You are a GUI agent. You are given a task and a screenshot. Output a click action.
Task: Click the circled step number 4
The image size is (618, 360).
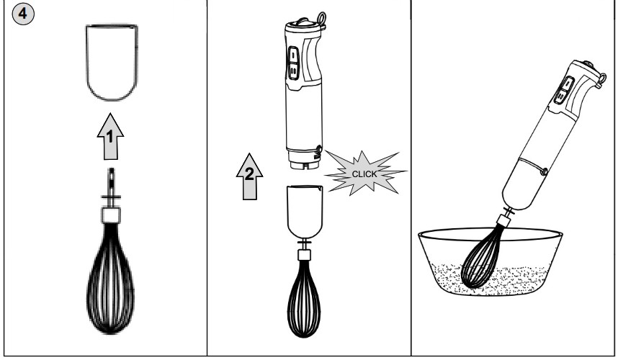(23, 14)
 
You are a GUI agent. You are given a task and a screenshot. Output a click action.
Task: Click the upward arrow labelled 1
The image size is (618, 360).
(110, 137)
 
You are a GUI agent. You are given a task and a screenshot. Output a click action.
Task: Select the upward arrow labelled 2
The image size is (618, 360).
(249, 176)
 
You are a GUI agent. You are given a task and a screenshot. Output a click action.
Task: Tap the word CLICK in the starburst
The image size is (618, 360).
(364, 174)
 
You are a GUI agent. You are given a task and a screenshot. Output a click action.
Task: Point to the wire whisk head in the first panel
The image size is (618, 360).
(110, 278)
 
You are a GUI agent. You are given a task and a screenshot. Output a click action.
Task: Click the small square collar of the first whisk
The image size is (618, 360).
(111, 215)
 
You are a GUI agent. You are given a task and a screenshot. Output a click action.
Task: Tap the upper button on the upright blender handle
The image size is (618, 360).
(293, 55)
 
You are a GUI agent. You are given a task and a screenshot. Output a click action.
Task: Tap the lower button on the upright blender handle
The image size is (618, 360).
(294, 71)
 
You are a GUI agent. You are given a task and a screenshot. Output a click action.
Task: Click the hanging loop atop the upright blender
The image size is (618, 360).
(321, 19)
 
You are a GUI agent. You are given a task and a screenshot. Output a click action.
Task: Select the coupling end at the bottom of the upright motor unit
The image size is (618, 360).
(304, 162)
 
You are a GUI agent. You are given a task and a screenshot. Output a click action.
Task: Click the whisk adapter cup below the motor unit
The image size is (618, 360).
(305, 212)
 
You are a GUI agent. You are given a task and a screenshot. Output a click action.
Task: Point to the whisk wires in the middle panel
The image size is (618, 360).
(304, 299)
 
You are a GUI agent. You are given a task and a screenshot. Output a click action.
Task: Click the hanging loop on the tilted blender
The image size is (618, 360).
(601, 79)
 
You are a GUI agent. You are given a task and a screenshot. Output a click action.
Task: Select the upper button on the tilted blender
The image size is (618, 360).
(568, 84)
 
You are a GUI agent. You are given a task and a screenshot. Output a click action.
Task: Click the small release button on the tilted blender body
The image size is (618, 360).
(544, 171)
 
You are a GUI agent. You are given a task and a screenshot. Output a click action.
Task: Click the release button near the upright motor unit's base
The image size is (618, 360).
(318, 149)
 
